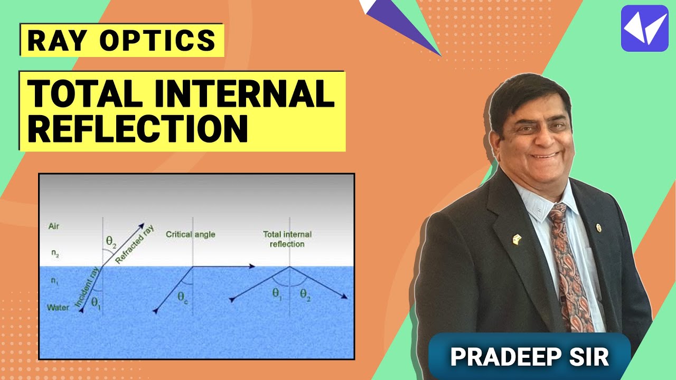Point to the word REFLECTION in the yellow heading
(138, 128)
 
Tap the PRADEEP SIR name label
(530, 356)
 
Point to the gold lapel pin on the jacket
(517, 239)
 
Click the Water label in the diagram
(58, 307)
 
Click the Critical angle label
(191, 234)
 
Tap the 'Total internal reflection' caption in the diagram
(287, 239)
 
